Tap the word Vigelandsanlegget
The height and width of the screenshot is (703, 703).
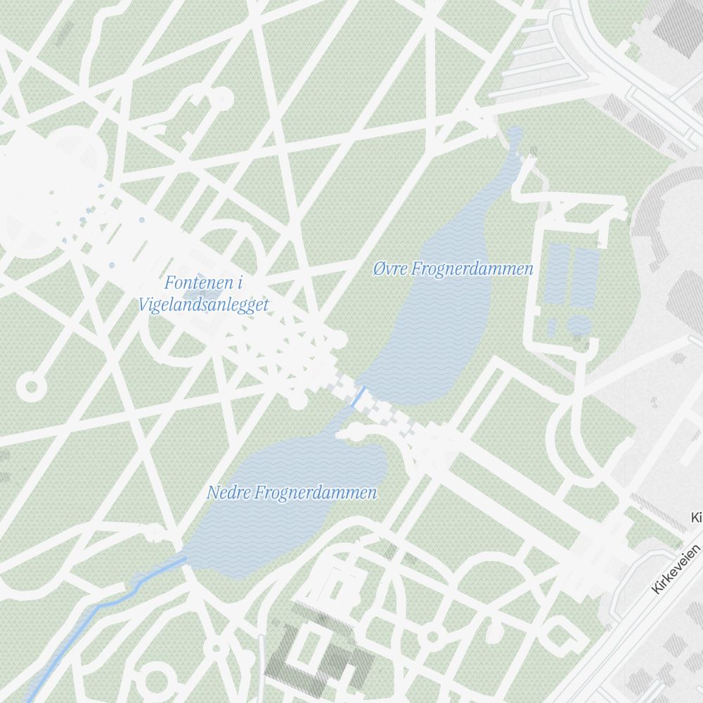pos(204,306)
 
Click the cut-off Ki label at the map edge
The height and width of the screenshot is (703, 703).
pos(696,518)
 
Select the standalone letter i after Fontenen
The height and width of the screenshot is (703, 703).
pos(240,283)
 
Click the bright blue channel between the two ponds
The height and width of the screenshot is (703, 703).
pos(358,396)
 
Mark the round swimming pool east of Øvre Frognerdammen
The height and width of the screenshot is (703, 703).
pos(579,325)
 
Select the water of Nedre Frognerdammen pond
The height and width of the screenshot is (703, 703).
pos(281,520)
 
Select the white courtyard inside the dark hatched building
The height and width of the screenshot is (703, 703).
pos(309,650)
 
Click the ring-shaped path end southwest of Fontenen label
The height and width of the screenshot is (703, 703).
pos(30,386)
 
